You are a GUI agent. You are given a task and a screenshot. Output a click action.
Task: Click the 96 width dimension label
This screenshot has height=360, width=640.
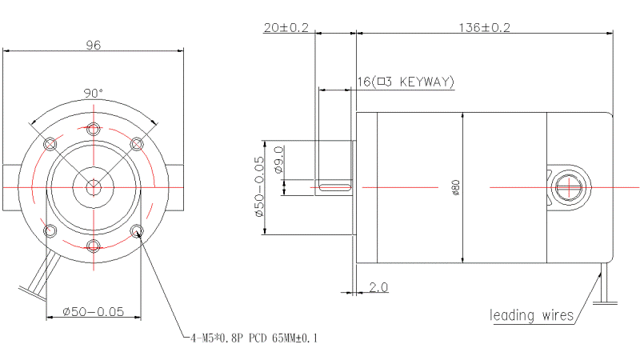(94, 45)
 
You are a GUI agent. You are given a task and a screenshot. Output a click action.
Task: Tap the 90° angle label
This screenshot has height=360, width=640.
(94, 93)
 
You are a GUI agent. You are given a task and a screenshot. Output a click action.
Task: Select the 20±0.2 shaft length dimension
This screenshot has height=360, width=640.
(286, 28)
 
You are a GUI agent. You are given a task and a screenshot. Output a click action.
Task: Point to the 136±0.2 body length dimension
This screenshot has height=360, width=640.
(485, 28)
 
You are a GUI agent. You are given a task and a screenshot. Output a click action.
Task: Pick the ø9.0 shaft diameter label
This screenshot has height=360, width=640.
(278, 160)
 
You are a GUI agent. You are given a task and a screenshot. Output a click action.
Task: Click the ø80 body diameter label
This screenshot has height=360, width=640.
(456, 187)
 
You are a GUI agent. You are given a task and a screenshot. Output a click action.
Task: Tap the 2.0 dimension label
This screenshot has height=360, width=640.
(378, 287)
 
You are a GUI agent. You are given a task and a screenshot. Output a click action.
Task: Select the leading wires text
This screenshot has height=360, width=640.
(531, 315)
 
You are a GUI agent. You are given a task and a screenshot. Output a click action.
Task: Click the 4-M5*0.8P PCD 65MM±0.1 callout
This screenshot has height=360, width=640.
(254, 338)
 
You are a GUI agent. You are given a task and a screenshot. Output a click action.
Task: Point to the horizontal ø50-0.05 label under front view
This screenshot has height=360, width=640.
(93, 312)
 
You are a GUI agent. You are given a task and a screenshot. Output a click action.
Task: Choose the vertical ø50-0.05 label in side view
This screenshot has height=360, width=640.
(259, 187)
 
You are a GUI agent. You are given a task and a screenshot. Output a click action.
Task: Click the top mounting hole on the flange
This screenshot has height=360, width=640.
(94, 130)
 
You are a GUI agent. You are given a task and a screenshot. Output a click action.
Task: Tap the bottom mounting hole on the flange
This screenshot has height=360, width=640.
(94, 246)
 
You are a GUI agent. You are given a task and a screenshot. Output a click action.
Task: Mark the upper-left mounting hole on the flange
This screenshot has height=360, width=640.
(50, 144)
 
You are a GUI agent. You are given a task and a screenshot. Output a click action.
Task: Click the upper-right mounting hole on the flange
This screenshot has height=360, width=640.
(137, 144)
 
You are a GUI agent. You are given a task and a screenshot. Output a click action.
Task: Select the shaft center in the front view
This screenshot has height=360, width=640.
(94, 188)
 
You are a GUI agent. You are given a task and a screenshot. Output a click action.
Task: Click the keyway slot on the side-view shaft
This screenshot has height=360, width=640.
(335, 187)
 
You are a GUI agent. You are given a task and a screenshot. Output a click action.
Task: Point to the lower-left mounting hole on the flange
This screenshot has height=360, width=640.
(50, 230)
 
